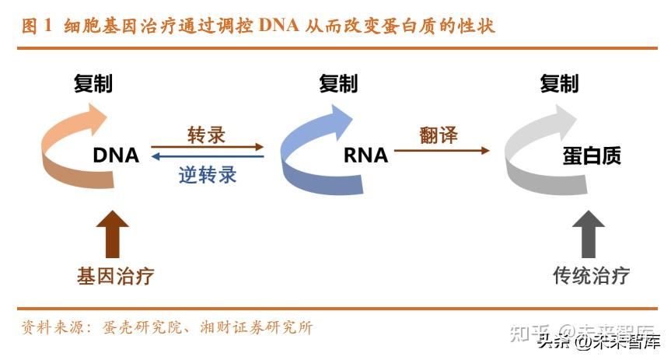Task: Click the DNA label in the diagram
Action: [116, 156]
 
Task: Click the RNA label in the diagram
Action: [365, 156]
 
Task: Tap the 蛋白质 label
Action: [592, 156]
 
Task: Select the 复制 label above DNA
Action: [93, 83]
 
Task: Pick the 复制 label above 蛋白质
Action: [560, 83]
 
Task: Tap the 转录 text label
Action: [206, 134]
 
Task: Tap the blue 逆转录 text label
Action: [206, 174]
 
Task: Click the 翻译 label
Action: [439, 135]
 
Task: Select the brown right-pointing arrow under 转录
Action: [207, 146]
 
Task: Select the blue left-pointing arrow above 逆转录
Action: [207, 156]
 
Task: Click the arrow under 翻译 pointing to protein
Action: [442, 150]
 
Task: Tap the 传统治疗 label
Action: [591, 276]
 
